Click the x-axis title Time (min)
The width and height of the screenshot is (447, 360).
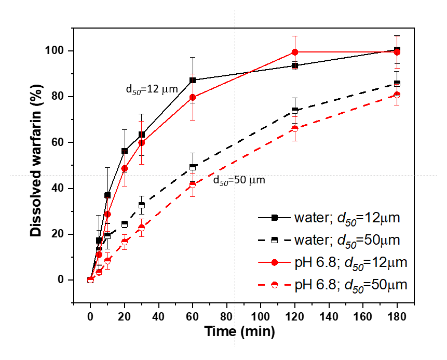pyautogui.click(x=239, y=331)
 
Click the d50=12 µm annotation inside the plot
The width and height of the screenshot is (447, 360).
pyautogui.click(x=152, y=89)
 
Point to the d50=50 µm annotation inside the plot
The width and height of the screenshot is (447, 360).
pyautogui.click(x=239, y=180)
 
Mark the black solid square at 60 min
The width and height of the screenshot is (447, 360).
pyautogui.click(x=193, y=80)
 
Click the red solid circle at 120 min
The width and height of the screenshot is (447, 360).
pyautogui.click(x=295, y=52)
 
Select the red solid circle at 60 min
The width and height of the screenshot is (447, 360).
pyautogui.click(x=193, y=97)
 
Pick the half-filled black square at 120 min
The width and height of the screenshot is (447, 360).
pyautogui.click(x=295, y=110)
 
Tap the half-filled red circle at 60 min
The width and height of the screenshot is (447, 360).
pyautogui.click(x=193, y=184)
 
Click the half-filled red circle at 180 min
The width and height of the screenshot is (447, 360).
pyautogui.click(x=397, y=95)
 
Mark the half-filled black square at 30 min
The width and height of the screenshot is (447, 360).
pyautogui.click(x=142, y=205)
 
